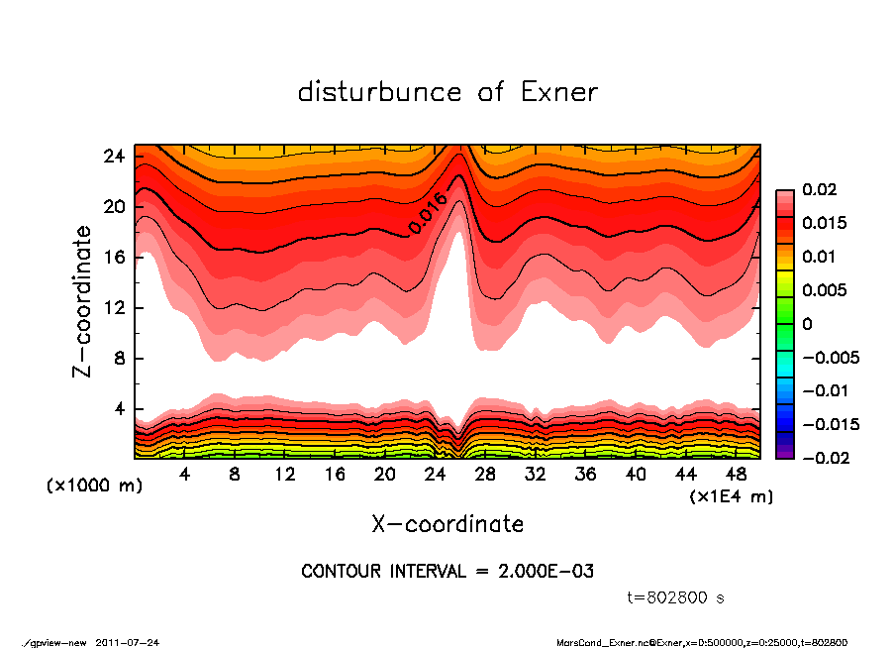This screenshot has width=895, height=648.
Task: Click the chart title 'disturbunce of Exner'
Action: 447,92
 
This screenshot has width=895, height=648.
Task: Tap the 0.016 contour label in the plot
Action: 429,213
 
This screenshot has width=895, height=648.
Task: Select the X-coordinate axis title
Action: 447,523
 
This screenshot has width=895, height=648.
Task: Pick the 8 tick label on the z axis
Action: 120,359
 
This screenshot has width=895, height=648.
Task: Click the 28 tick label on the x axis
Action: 485,474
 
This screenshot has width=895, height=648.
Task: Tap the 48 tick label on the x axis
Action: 736,474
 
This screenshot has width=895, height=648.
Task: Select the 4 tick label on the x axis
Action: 184,474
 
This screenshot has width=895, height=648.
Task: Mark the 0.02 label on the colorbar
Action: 820,189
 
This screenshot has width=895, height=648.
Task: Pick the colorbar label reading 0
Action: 807,324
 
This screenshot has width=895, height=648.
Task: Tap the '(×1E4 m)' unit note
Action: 731,495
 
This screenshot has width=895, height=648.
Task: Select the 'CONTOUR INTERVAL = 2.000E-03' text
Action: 447,572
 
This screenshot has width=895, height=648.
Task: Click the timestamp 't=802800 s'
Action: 676,597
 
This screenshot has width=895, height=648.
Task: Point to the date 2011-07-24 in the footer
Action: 128,642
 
